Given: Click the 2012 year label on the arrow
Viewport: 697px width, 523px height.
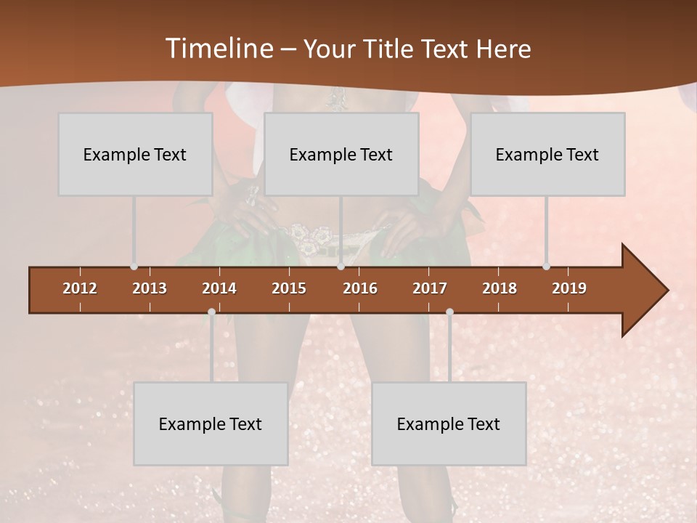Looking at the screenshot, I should (80, 288).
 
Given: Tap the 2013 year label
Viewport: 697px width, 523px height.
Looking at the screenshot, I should (150, 288).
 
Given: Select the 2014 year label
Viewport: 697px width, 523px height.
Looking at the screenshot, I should (219, 288).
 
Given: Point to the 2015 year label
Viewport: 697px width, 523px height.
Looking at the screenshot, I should (289, 288).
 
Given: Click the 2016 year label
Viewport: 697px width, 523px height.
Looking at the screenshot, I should (360, 288).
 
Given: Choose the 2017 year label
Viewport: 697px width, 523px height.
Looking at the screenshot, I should (430, 288).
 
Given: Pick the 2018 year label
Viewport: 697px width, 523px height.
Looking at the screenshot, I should (500, 288).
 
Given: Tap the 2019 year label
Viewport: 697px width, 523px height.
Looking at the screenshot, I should (569, 288).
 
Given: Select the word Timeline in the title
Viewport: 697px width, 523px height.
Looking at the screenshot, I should (219, 49).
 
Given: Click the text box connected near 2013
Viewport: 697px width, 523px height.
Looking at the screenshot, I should (135, 154).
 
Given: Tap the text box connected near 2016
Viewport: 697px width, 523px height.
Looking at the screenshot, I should (341, 154).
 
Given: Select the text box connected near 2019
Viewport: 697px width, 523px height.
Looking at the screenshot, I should (547, 154).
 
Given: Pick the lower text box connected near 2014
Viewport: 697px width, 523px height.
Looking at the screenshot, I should (211, 423).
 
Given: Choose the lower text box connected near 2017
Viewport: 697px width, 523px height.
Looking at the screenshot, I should (449, 423).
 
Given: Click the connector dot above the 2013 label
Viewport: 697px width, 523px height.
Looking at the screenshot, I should (134, 267).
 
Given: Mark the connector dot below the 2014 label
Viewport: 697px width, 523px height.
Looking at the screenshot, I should (211, 312).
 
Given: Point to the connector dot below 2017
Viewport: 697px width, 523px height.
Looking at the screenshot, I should (449, 312).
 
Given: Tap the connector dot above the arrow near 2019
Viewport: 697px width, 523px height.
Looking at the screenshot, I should (547, 267).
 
